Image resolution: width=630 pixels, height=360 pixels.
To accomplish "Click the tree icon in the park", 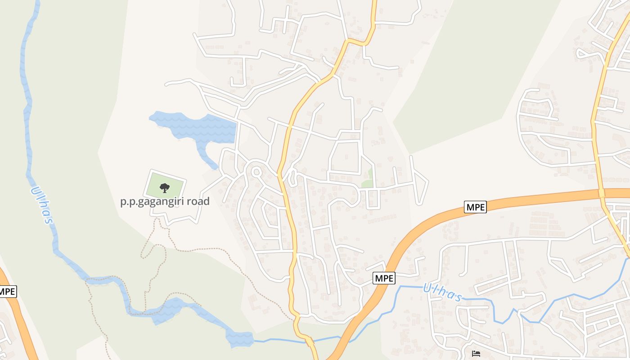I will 165,188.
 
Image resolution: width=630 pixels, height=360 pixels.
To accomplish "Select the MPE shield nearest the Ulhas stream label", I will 384,279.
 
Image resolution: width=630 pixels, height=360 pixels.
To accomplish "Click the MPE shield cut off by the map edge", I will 8,292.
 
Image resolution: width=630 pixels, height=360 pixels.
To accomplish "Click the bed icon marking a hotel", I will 476,354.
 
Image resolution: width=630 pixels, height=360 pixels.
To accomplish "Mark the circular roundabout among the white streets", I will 256,171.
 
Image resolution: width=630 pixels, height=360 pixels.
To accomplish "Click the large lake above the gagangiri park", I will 198,126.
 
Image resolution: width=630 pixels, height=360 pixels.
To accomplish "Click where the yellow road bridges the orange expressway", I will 602,193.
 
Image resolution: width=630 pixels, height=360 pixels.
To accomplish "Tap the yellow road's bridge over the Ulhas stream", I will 309,340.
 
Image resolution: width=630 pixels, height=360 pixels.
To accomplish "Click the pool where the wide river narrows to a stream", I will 239,338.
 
